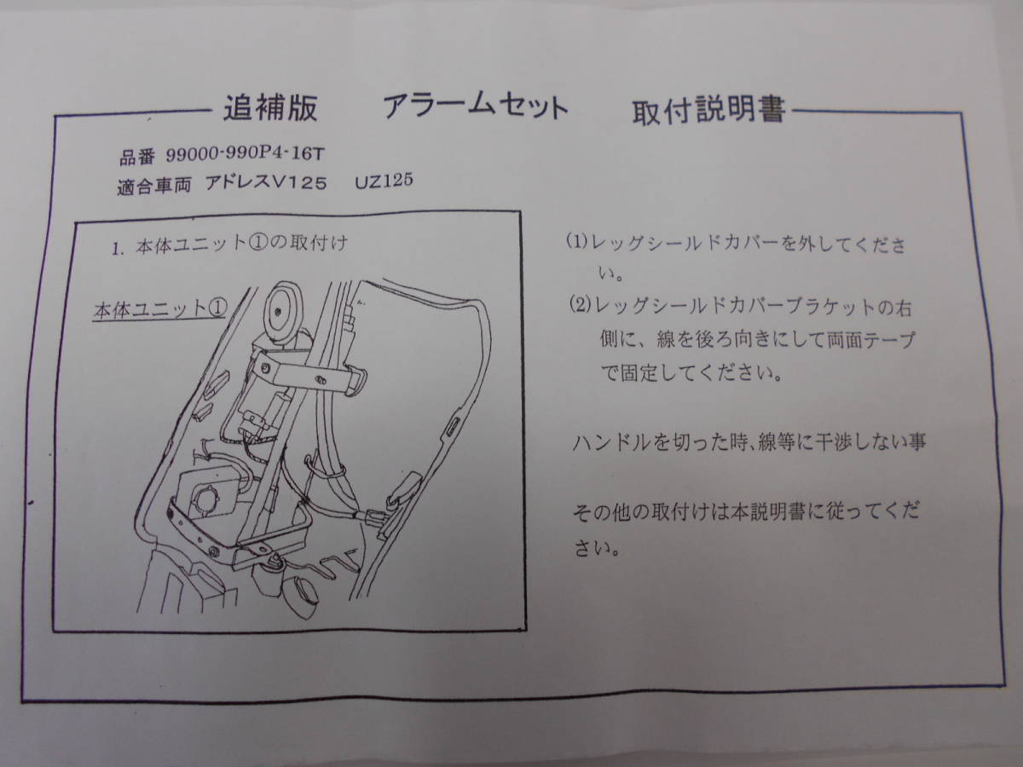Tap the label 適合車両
[x=151, y=186]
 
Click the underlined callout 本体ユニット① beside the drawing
[x=158, y=309]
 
